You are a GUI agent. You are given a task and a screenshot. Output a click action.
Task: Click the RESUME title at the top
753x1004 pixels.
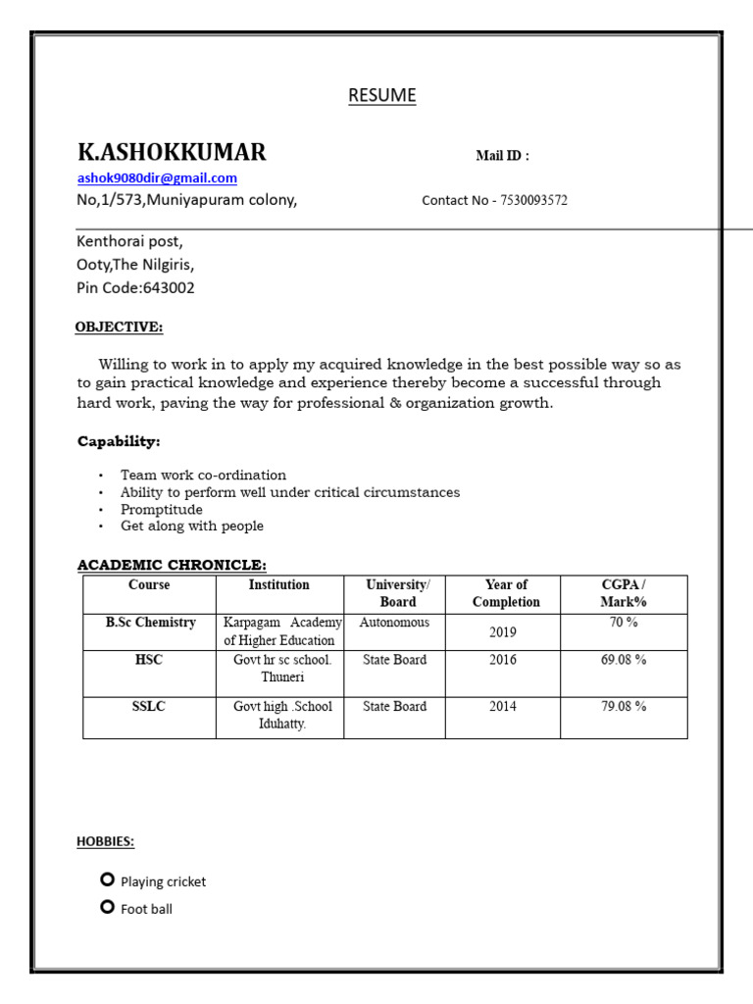382,95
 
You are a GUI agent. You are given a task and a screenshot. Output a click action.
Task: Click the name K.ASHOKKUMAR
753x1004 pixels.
172,152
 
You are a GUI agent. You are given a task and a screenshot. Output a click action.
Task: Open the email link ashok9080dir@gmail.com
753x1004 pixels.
157,178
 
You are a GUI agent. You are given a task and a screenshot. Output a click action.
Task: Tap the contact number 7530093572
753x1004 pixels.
533,200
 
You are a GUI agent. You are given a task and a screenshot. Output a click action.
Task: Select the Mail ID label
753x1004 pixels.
502,156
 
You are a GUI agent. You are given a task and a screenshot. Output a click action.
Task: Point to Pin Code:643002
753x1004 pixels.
135,288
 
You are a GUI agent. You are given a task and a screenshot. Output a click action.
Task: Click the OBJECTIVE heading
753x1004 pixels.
120,326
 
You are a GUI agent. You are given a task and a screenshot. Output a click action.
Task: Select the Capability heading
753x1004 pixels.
119,442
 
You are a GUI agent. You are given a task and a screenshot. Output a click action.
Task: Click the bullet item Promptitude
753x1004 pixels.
162,510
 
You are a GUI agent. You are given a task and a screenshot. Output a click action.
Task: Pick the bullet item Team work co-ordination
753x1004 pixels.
203,476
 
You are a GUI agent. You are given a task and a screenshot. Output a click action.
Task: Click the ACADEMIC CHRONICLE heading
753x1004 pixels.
172,565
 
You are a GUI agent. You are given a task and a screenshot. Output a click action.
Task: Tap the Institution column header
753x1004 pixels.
278,585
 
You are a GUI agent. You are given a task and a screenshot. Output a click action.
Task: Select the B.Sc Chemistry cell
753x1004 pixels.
150,623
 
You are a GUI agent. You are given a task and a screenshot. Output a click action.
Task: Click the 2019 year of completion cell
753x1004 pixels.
503,632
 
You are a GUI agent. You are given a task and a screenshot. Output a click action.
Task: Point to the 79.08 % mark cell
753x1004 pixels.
623,706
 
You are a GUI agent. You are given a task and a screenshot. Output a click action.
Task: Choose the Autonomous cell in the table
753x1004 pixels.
394,623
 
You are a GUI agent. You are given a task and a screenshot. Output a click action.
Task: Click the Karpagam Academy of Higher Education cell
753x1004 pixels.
280,631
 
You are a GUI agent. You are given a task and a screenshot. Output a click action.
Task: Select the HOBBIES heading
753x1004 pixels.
106,841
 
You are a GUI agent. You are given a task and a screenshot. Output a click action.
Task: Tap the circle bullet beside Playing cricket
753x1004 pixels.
108,880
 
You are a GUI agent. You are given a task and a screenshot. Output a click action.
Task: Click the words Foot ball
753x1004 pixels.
146,909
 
